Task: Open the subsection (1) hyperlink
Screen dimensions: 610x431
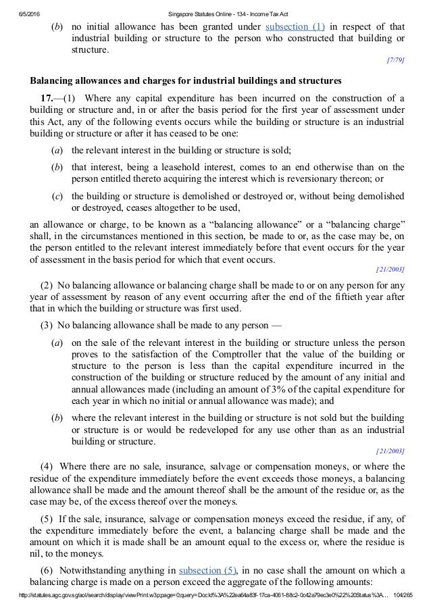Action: pyautogui.click(x=295, y=28)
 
